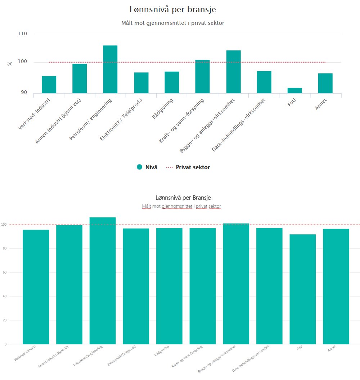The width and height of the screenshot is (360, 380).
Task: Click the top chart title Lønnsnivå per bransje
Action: (x=172, y=10)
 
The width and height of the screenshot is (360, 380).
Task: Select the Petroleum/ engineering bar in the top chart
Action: (x=110, y=69)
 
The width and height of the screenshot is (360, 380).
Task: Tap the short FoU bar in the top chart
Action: (x=294, y=90)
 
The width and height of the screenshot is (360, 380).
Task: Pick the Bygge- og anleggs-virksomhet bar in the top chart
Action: (x=233, y=72)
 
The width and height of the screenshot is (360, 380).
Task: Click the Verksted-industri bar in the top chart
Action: (x=49, y=85)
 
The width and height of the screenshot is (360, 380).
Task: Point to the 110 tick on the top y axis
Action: (x=22, y=34)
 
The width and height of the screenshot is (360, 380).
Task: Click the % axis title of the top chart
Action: (x=10, y=63)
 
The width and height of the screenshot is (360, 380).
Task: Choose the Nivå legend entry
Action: (x=147, y=167)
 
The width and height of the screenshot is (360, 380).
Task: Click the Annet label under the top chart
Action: (x=321, y=104)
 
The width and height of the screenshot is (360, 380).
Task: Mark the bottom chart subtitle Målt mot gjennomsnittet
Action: (x=181, y=206)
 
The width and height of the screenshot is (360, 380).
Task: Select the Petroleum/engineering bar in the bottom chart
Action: (x=103, y=281)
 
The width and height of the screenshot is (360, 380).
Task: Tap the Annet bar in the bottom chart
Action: (x=336, y=286)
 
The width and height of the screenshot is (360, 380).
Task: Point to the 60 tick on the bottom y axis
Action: (x=5, y=272)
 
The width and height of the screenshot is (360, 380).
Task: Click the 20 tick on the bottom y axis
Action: (x=5, y=320)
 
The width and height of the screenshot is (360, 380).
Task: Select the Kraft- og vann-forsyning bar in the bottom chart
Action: (x=203, y=286)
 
